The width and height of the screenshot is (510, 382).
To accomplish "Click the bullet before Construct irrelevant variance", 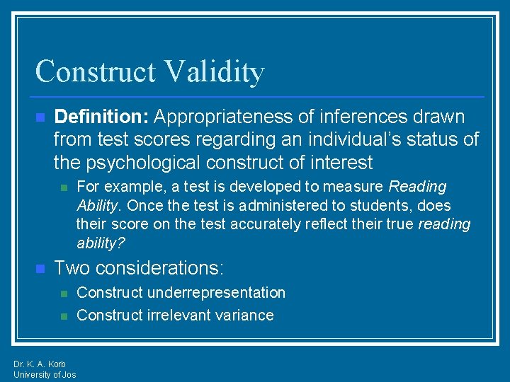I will point(63,316).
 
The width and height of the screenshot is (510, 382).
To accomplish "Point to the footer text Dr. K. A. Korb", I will point(40,364).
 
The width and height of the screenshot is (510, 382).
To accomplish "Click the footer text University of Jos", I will point(45,375).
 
